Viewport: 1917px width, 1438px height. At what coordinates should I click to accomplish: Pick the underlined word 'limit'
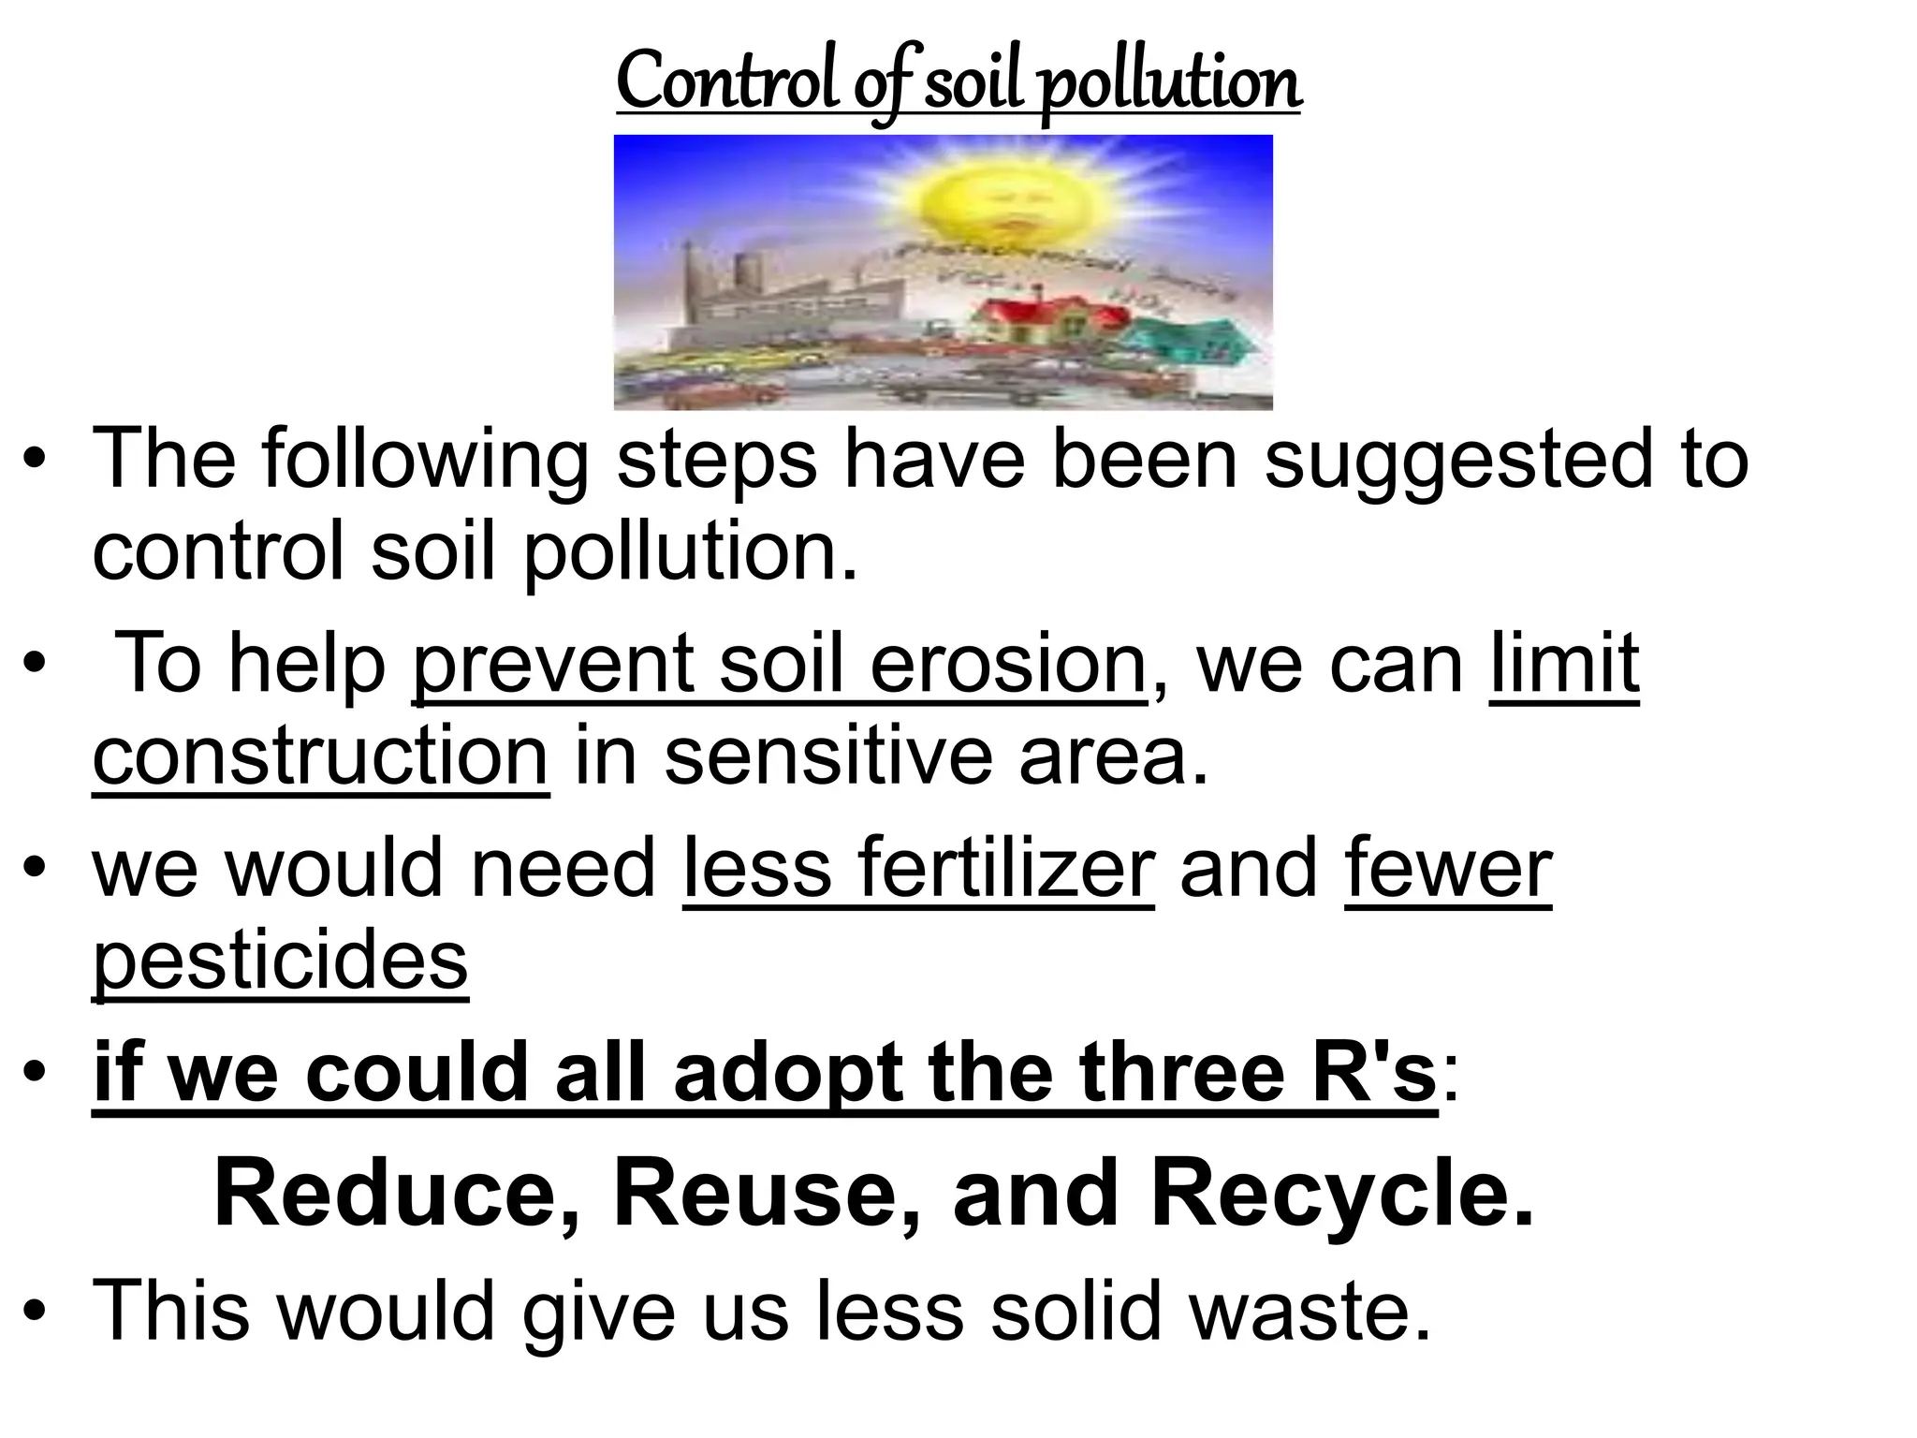pos(1564,665)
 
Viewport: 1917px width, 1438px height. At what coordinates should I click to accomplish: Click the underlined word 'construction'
pos(320,756)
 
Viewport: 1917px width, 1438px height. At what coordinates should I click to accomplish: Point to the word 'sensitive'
pos(827,756)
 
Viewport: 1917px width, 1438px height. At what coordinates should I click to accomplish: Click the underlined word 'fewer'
pos(1448,869)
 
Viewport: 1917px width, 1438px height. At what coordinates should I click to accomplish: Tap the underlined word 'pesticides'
pos(280,962)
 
